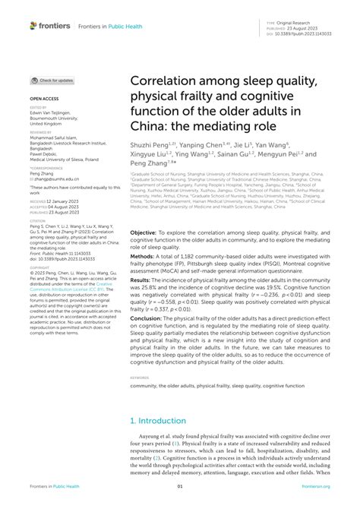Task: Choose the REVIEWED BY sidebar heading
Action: coord(41,130)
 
